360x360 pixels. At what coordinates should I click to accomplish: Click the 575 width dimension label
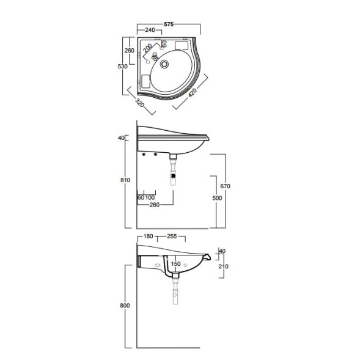tap(169, 24)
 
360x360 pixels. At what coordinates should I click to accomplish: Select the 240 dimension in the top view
tap(150, 30)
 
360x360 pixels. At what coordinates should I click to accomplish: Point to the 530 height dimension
tap(122, 67)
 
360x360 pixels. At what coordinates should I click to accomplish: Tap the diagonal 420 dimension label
tap(193, 92)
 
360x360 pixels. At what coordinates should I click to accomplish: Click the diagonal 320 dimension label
tap(139, 103)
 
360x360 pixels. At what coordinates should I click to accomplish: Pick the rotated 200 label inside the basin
tap(147, 48)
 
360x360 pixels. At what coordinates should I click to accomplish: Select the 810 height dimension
tap(125, 180)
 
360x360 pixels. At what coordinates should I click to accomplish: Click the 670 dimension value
tap(225, 186)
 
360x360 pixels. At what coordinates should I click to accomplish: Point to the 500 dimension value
tap(217, 198)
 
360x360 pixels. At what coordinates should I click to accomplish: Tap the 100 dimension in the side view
tap(150, 197)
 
